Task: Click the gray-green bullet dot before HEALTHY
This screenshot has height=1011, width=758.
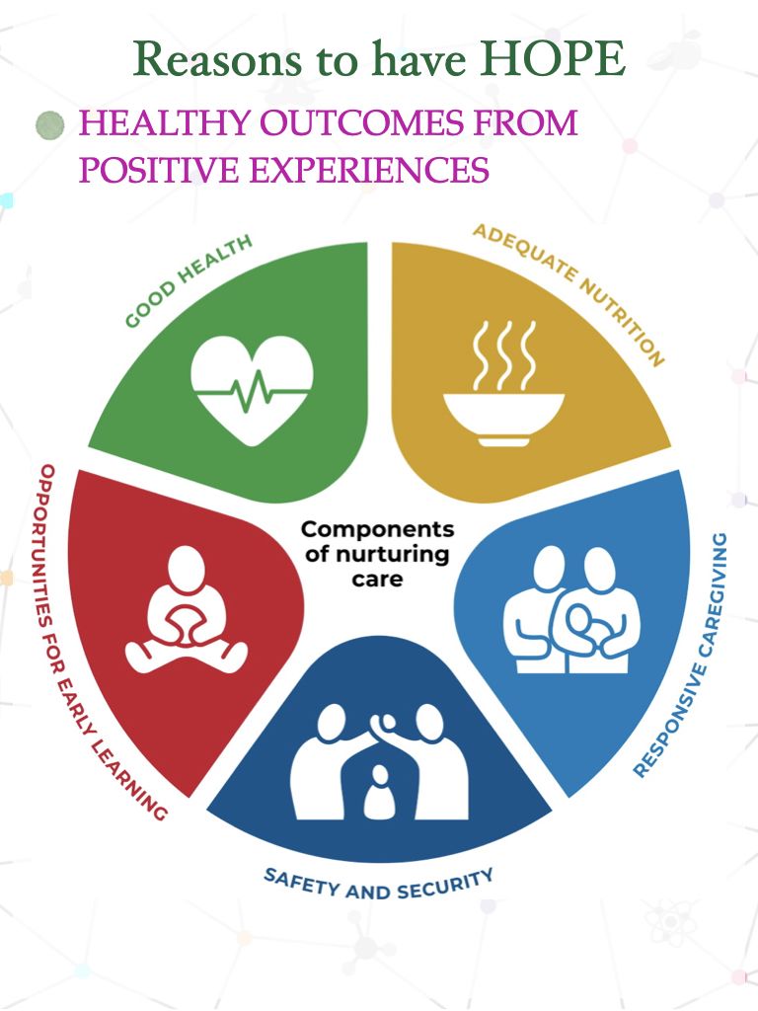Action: pyautogui.click(x=49, y=125)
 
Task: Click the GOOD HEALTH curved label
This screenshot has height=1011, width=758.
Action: pyautogui.click(x=189, y=280)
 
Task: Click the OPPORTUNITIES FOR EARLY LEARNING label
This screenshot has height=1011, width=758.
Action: pyautogui.click(x=92, y=642)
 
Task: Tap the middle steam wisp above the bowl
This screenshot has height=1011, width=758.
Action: pyautogui.click(x=503, y=354)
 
